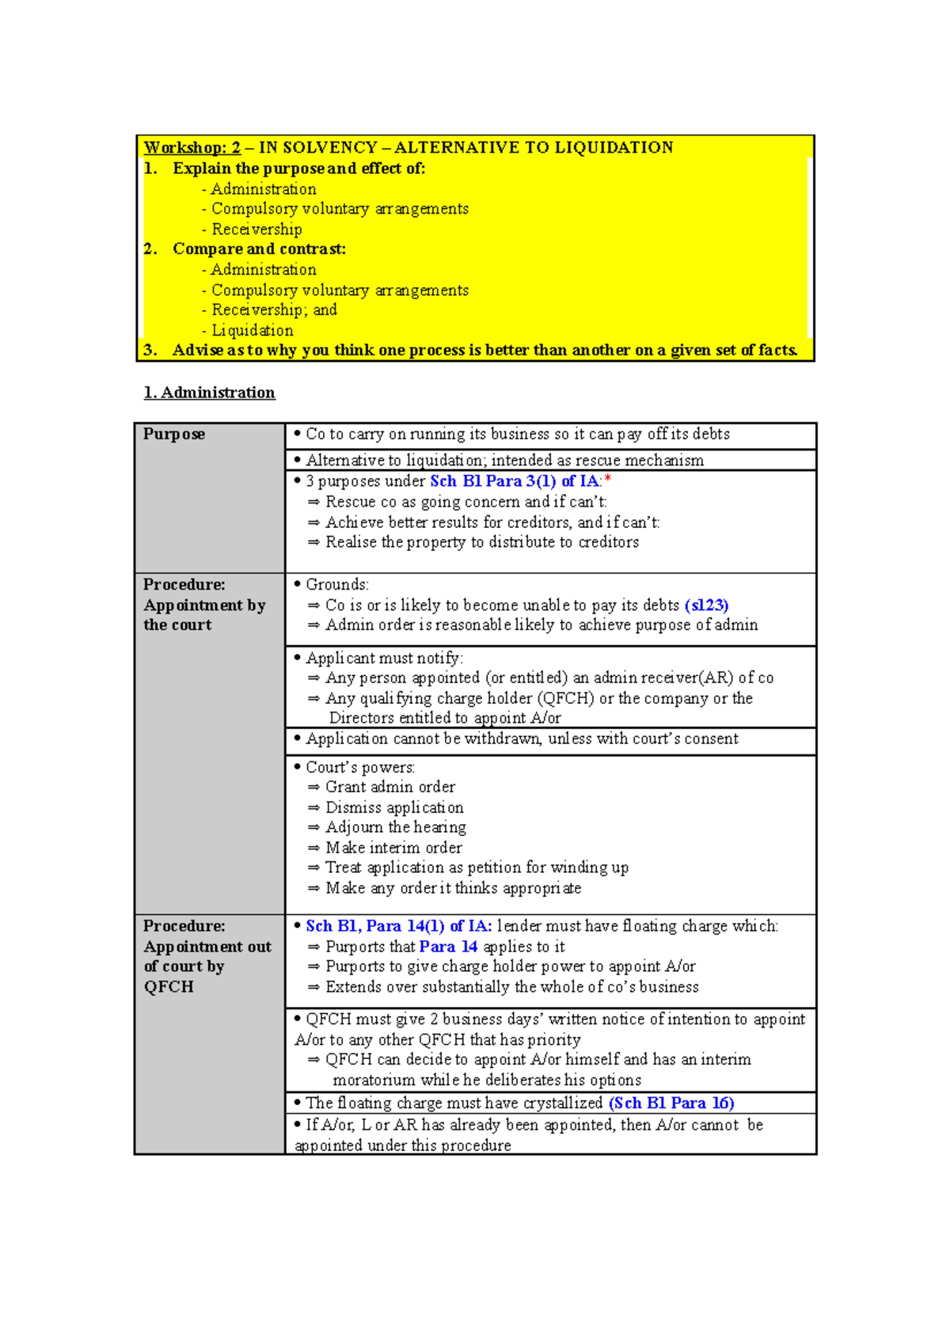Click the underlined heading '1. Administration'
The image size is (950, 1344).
click(x=210, y=393)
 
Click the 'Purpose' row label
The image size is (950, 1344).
click(x=174, y=434)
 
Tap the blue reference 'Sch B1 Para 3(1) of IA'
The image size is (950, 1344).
click(x=515, y=481)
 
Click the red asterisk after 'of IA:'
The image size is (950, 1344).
click(x=608, y=480)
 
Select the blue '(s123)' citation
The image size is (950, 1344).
click(x=706, y=606)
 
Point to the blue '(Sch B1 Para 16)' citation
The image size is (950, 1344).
click(x=671, y=1103)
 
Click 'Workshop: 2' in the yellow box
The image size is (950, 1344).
click(x=192, y=147)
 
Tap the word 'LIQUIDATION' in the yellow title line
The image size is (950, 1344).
click(x=614, y=147)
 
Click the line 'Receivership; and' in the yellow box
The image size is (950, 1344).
click(x=274, y=309)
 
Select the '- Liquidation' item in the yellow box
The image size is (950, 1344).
click(x=249, y=330)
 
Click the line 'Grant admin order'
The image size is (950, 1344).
click(x=390, y=787)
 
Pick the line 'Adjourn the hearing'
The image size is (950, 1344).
click(x=395, y=827)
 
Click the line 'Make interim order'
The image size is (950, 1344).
click(x=393, y=848)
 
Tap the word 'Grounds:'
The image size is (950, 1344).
click(x=337, y=585)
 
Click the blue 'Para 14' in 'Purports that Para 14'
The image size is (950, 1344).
click(x=448, y=947)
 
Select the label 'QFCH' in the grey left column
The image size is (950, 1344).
click(x=169, y=987)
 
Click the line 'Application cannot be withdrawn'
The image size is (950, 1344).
click(x=522, y=738)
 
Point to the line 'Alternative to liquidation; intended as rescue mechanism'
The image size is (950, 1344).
click(x=504, y=460)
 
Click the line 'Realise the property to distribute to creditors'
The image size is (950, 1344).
click(x=482, y=542)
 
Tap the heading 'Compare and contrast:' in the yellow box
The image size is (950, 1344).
click(x=259, y=249)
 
